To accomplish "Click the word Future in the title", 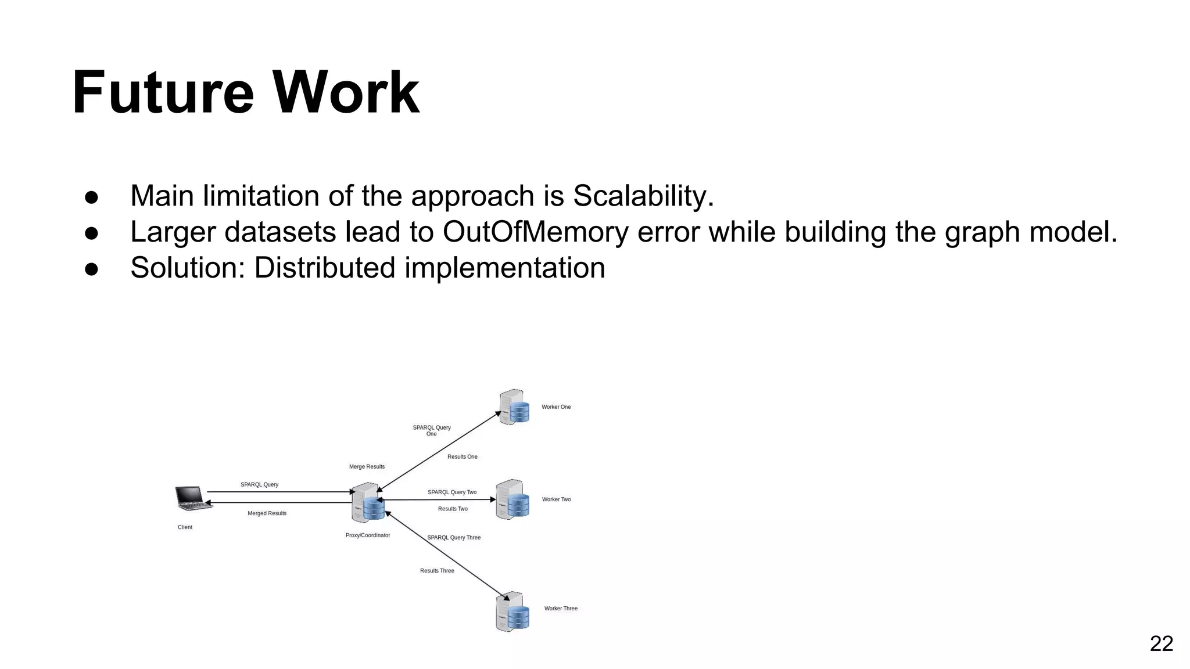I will tap(163, 93).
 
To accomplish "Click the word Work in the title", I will tap(346, 93).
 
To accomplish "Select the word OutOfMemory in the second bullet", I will tap(535, 232).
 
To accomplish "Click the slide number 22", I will tap(1161, 643).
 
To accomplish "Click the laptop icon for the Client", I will tap(193, 499).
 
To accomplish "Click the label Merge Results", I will tap(367, 467).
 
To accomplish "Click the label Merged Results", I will tap(267, 513).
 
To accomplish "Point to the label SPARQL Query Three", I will tap(454, 538).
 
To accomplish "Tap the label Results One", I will tap(462, 457).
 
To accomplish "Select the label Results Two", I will tap(453, 509).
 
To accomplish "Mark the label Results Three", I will tap(437, 571).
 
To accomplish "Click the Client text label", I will tap(185, 527).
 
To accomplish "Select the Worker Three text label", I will tap(561, 609).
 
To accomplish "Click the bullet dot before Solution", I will tap(92, 269).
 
